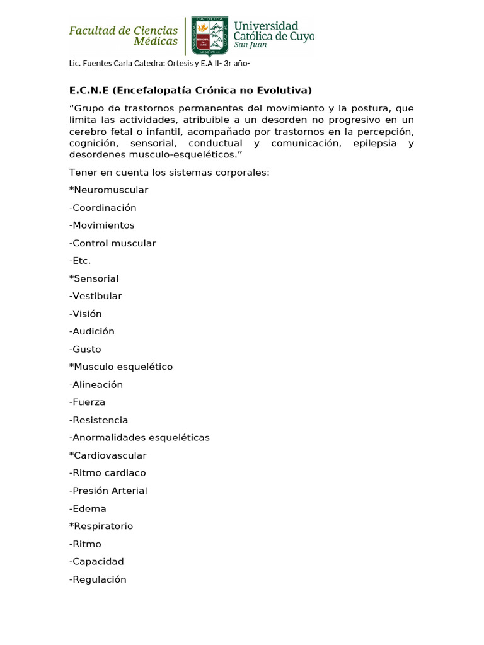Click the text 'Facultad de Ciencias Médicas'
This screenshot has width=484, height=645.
click(x=124, y=35)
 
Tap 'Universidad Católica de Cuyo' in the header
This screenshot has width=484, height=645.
click(x=273, y=33)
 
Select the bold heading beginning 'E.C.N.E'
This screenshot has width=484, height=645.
click(x=190, y=90)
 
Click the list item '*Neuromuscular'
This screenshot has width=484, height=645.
click(x=108, y=190)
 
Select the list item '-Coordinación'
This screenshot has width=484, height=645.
click(x=103, y=207)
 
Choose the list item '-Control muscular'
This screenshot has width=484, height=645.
click(x=112, y=243)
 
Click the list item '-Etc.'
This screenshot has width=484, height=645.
click(x=80, y=261)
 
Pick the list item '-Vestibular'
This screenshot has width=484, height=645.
click(x=95, y=296)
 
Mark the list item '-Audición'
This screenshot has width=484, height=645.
click(x=91, y=331)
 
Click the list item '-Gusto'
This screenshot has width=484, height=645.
click(x=85, y=349)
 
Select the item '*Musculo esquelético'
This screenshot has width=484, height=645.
click(x=120, y=367)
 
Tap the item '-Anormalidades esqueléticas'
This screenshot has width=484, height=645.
click(x=139, y=437)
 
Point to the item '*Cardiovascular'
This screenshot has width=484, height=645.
click(x=108, y=455)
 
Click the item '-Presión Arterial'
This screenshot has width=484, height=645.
click(x=108, y=491)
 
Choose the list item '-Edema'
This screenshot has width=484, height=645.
click(x=88, y=508)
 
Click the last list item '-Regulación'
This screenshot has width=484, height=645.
click(x=98, y=579)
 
